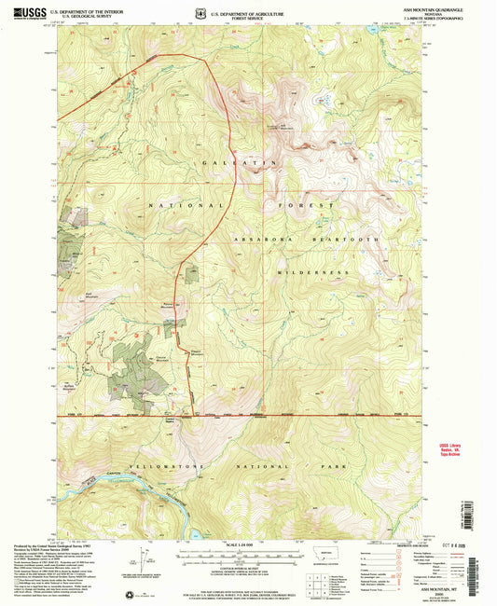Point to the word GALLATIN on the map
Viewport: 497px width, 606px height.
(x=229, y=162)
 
